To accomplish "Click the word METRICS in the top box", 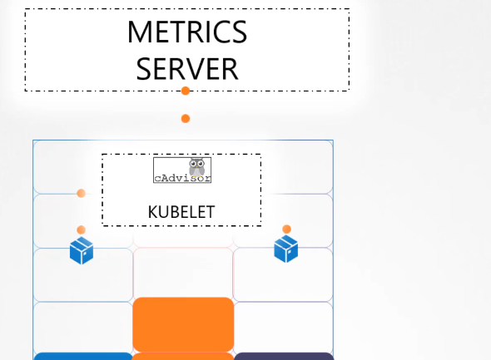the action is point(187,32).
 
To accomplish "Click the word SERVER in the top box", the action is point(187,69).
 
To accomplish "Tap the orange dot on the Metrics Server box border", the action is point(186,91).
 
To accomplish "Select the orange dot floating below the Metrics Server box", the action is point(186,119).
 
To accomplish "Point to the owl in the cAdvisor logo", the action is point(197,167).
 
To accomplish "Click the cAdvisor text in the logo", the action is point(182,178).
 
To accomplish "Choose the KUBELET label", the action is point(181,212).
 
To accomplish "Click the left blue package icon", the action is point(82,250).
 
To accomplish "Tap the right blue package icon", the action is point(286,249).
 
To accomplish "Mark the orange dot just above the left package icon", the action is point(81,230).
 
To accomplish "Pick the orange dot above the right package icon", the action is point(286,229).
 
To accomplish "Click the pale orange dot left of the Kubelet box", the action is point(81,193).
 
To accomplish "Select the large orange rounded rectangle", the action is point(183,324).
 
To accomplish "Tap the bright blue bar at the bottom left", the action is point(83,356).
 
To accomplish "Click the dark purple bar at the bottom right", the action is point(284,356).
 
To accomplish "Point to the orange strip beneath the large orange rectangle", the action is point(183,356).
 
